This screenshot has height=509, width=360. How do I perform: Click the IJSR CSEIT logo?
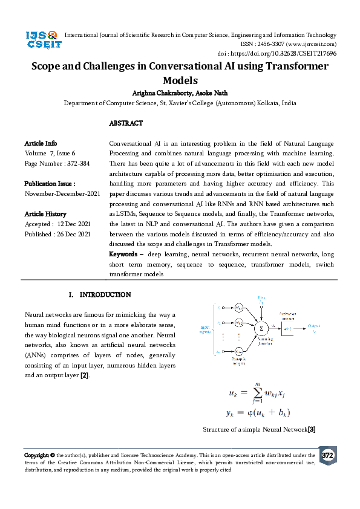pyautogui.click(x=41, y=42)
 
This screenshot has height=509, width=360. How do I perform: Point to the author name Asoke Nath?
pyautogui.click(x=214, y=92)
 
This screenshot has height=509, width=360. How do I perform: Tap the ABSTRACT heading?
pyautogui.click(x=126, y=123)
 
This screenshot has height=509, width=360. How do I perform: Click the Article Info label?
pyautogui.click(x=41, y=144)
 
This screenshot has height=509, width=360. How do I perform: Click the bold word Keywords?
pyautogui.click(x=125, y=254)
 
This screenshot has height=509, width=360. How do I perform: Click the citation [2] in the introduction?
pyautogui.click(x=85, y=375)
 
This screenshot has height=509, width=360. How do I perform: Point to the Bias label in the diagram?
pyautogui.click(x=261, y=298)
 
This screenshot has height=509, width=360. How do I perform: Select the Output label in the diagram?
pyautogui.click(x=313, y=326)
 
